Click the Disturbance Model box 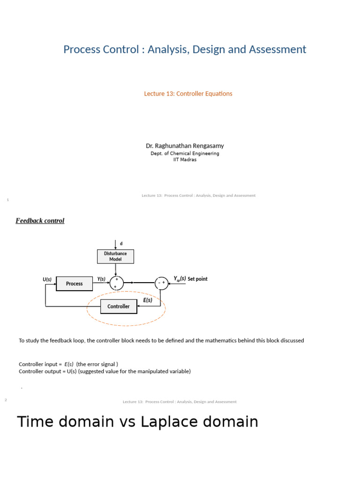point(115,256)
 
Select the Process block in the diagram point(74,284)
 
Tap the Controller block point(119,307)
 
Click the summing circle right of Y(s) point(116,283)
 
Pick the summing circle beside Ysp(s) point(162,283)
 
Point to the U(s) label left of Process point(47,279)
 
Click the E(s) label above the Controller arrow point(148,300)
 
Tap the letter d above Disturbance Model point(121,244)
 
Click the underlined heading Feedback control point(40,221)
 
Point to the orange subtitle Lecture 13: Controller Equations point(188,94)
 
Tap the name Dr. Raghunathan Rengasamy point(185,146)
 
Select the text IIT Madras point(185,159)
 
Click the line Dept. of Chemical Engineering point(185,153)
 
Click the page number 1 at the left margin point(8,200)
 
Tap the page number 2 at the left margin point(6,400)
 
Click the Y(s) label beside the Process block point(101,279)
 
